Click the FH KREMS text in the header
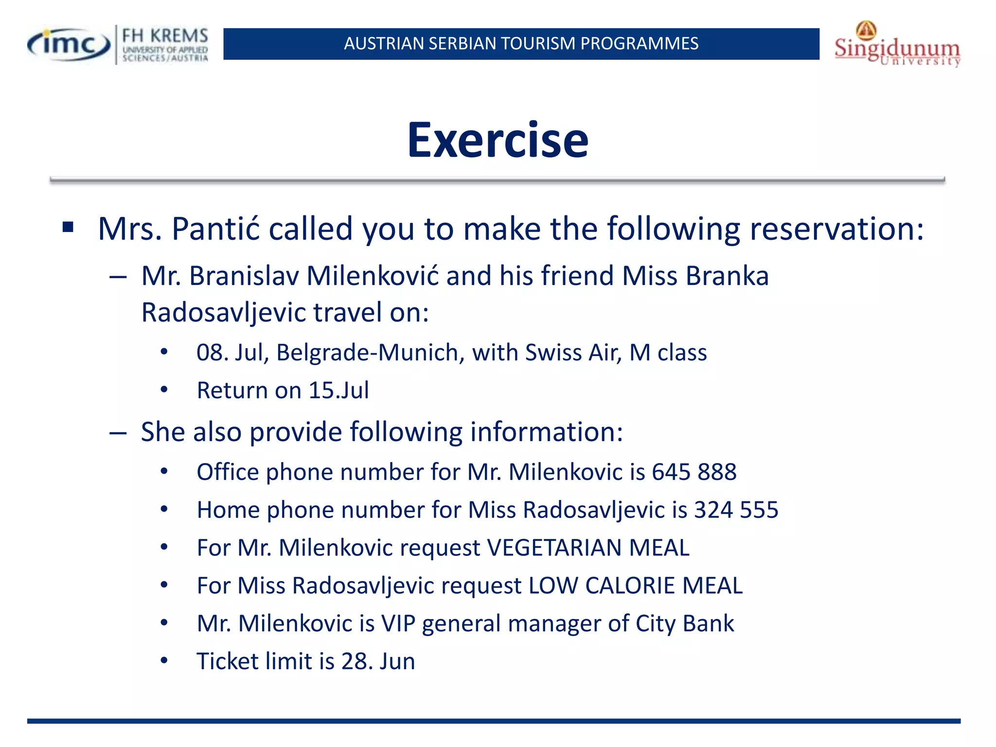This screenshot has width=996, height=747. click(x=165, y=36)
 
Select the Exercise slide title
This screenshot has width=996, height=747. click(x=498, y=141)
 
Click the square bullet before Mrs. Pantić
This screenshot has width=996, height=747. click(x=68, y=227)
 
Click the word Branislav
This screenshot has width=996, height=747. click(x=244, y=276)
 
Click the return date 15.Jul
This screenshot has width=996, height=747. click(x=338, y=391)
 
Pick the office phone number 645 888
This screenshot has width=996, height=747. click(x=694, y=472)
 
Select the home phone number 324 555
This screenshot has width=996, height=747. click(x=736, y=510)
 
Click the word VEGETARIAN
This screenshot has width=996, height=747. click(x=554, y=548)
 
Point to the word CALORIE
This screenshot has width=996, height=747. click(x=630, y=586)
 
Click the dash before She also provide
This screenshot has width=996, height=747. click(x=118, y=432)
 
